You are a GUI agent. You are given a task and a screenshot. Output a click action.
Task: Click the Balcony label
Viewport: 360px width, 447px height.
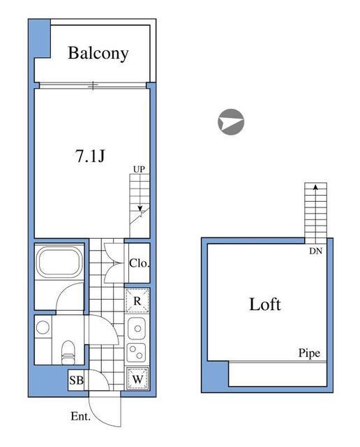[98, 54]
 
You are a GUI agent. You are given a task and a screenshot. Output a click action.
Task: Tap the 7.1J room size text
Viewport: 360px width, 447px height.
[90, 156]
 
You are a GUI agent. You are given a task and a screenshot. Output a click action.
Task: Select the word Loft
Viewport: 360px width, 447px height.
[265, 305]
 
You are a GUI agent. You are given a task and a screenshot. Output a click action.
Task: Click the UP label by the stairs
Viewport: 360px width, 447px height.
[140, 170]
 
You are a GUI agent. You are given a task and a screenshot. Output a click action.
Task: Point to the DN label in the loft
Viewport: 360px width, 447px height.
[316, 252]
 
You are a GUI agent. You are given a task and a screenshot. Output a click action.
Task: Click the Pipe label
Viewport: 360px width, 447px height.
[308, 353]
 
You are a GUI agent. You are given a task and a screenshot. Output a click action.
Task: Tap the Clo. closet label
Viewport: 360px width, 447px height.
[140, 263]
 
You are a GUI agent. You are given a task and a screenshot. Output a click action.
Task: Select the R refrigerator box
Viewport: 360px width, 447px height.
[137, 300]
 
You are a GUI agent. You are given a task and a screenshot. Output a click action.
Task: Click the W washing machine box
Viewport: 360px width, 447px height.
[137, 378]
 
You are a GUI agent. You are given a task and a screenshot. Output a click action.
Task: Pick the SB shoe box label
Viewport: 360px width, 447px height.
[76, 381]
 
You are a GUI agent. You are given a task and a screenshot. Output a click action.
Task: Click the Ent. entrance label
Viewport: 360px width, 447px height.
[81, 416]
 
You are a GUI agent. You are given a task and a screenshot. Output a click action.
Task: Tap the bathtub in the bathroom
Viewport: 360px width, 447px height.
[59, 263]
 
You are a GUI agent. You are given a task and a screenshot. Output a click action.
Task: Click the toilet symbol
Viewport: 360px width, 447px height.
[68, 350]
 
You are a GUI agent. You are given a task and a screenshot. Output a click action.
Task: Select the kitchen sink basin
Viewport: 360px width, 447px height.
[137, 327]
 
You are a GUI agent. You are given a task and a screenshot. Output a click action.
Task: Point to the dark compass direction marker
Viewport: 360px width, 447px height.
[231, 122]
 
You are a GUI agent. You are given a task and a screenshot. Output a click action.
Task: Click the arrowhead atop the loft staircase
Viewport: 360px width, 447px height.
[316, 187]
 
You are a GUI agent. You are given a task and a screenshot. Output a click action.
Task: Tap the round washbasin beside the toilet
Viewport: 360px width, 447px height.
[43, 326]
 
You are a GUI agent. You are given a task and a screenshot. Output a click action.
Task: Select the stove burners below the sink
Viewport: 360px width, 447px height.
[137, 351]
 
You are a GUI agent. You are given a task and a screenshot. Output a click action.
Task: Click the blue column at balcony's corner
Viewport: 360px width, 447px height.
[40, 38]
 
